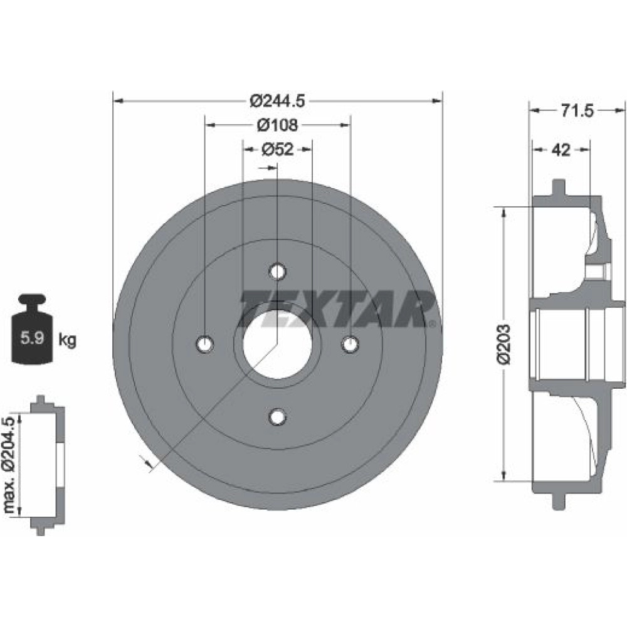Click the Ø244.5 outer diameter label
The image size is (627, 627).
pos(278,101)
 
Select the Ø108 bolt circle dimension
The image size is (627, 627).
pos(278,125)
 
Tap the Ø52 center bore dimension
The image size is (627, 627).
pos(278,149)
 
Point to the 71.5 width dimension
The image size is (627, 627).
pos(577,111)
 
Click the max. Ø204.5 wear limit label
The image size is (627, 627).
pos(9,465)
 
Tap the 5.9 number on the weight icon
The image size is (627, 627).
pos(32,339)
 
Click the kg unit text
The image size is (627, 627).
pos(67,340)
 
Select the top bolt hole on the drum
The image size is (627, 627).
pos(278,272)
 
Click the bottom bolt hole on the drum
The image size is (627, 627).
pos(278,417)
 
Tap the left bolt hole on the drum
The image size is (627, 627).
pos(205,344)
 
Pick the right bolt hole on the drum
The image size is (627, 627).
pos(350,344)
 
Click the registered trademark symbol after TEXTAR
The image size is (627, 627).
pos(431,323)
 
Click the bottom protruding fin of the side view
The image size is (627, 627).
pos(559,501)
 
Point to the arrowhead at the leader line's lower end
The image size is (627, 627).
pos(149,463)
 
